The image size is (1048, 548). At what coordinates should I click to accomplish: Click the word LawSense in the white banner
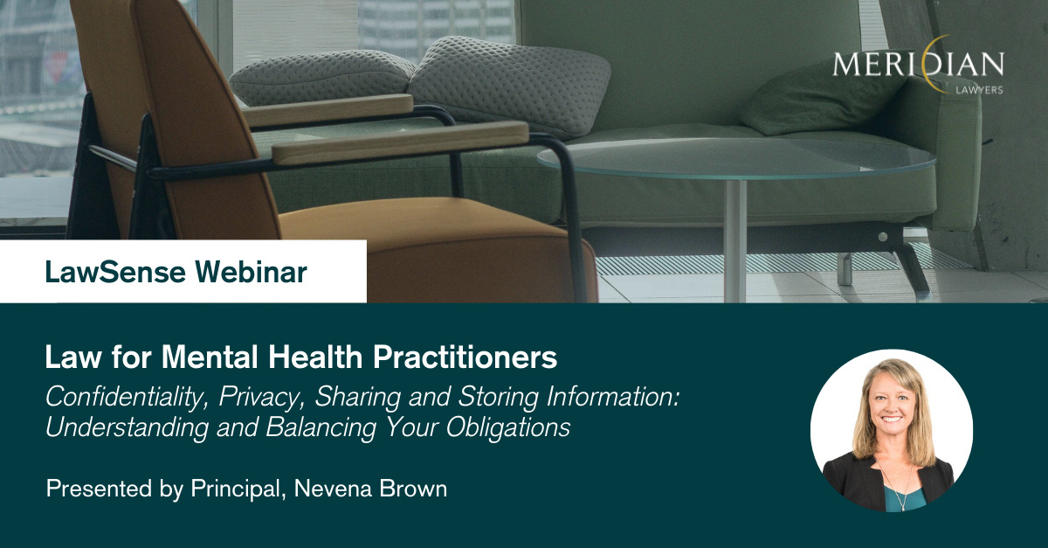(x=115, y=272)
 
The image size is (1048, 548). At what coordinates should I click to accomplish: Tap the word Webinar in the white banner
(x=252, y=272)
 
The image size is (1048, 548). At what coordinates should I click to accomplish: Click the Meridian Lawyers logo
(x=919, y=66)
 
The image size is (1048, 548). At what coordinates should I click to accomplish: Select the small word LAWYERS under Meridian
(x=979, y=90)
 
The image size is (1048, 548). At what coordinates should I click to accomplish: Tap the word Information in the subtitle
(x=613, y=397)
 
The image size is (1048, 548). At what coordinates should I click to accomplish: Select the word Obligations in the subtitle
(x=508, y=427)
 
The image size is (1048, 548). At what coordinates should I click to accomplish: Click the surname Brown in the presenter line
(x=413, y=489)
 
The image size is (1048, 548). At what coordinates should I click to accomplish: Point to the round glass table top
(x=736, y=158)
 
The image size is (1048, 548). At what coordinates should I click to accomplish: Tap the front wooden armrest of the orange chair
(x=400, y=142)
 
